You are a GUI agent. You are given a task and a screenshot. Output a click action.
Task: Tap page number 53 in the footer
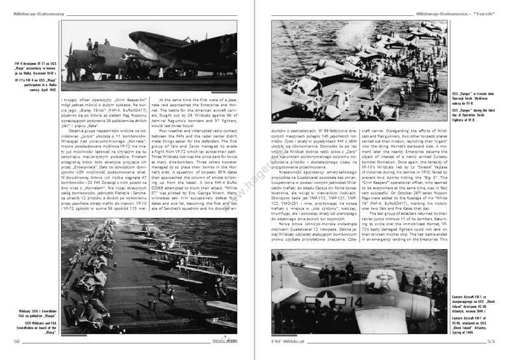[492, 341]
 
